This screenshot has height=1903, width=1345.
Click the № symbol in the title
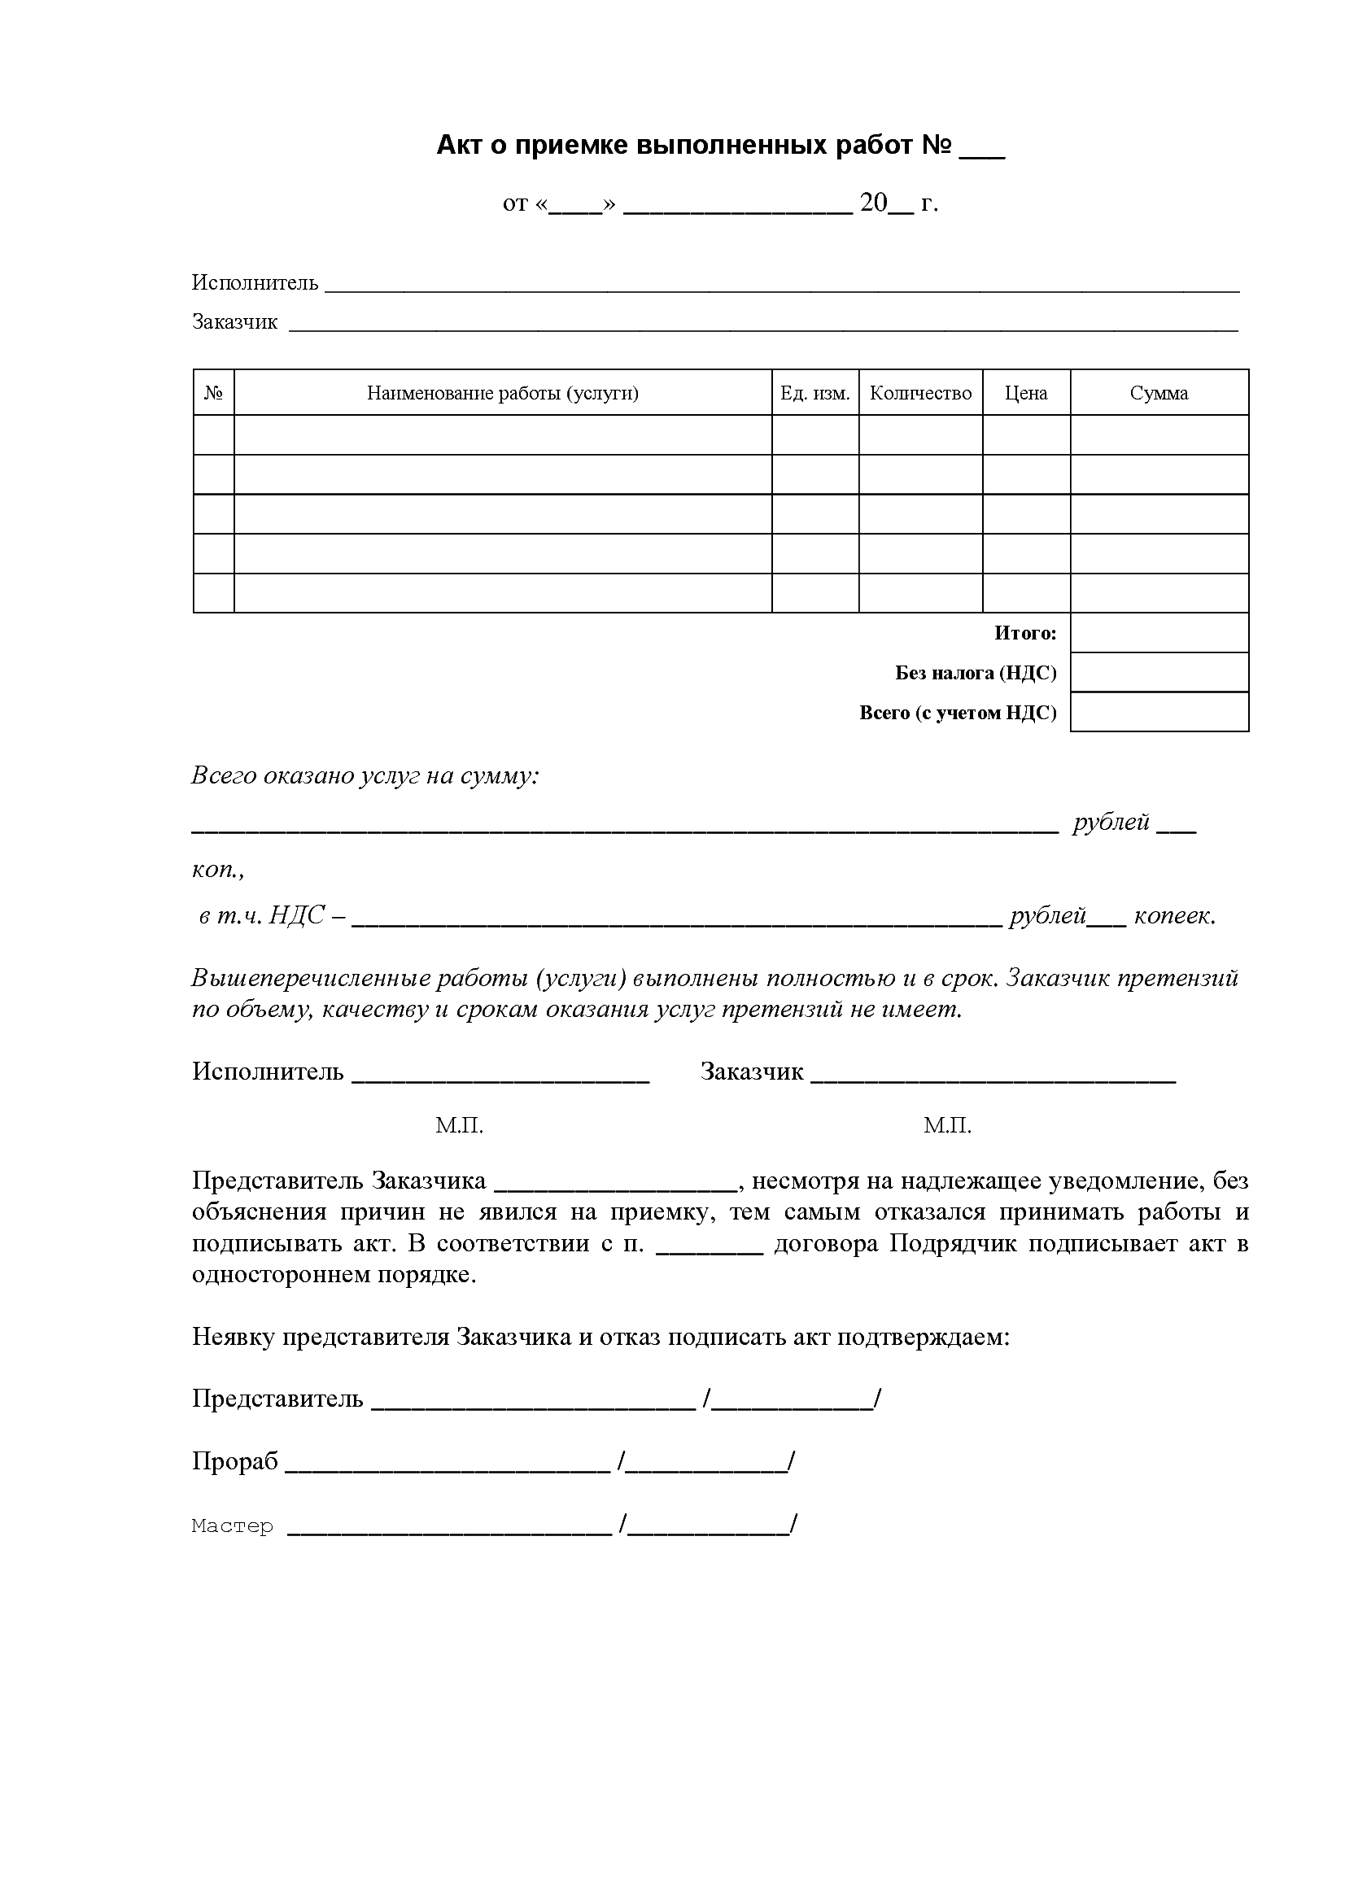coord(937,146)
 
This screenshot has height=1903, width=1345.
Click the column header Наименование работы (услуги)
coord(502,393)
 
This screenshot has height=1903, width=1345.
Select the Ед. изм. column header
coord(814,393)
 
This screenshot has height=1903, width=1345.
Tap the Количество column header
coord(920,393)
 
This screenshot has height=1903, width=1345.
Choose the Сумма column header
coord(1159,393)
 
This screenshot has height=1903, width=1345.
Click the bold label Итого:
coord(1025,633)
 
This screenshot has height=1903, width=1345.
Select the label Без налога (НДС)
coord(976,673)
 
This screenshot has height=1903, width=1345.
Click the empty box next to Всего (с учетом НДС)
coord(1159,712)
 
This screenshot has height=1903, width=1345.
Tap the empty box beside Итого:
coord(1159,633)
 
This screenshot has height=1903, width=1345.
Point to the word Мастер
coord(232,1525)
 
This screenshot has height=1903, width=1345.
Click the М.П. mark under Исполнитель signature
coord(459,1125)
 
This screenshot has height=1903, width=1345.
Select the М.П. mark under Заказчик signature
coord(947,1125)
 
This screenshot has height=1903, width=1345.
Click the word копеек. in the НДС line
coord(1174,916)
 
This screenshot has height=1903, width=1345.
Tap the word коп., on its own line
coord(218,870)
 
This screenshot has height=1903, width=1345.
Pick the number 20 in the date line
coord(873,203)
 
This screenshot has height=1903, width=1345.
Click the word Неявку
coord(233,1337)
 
